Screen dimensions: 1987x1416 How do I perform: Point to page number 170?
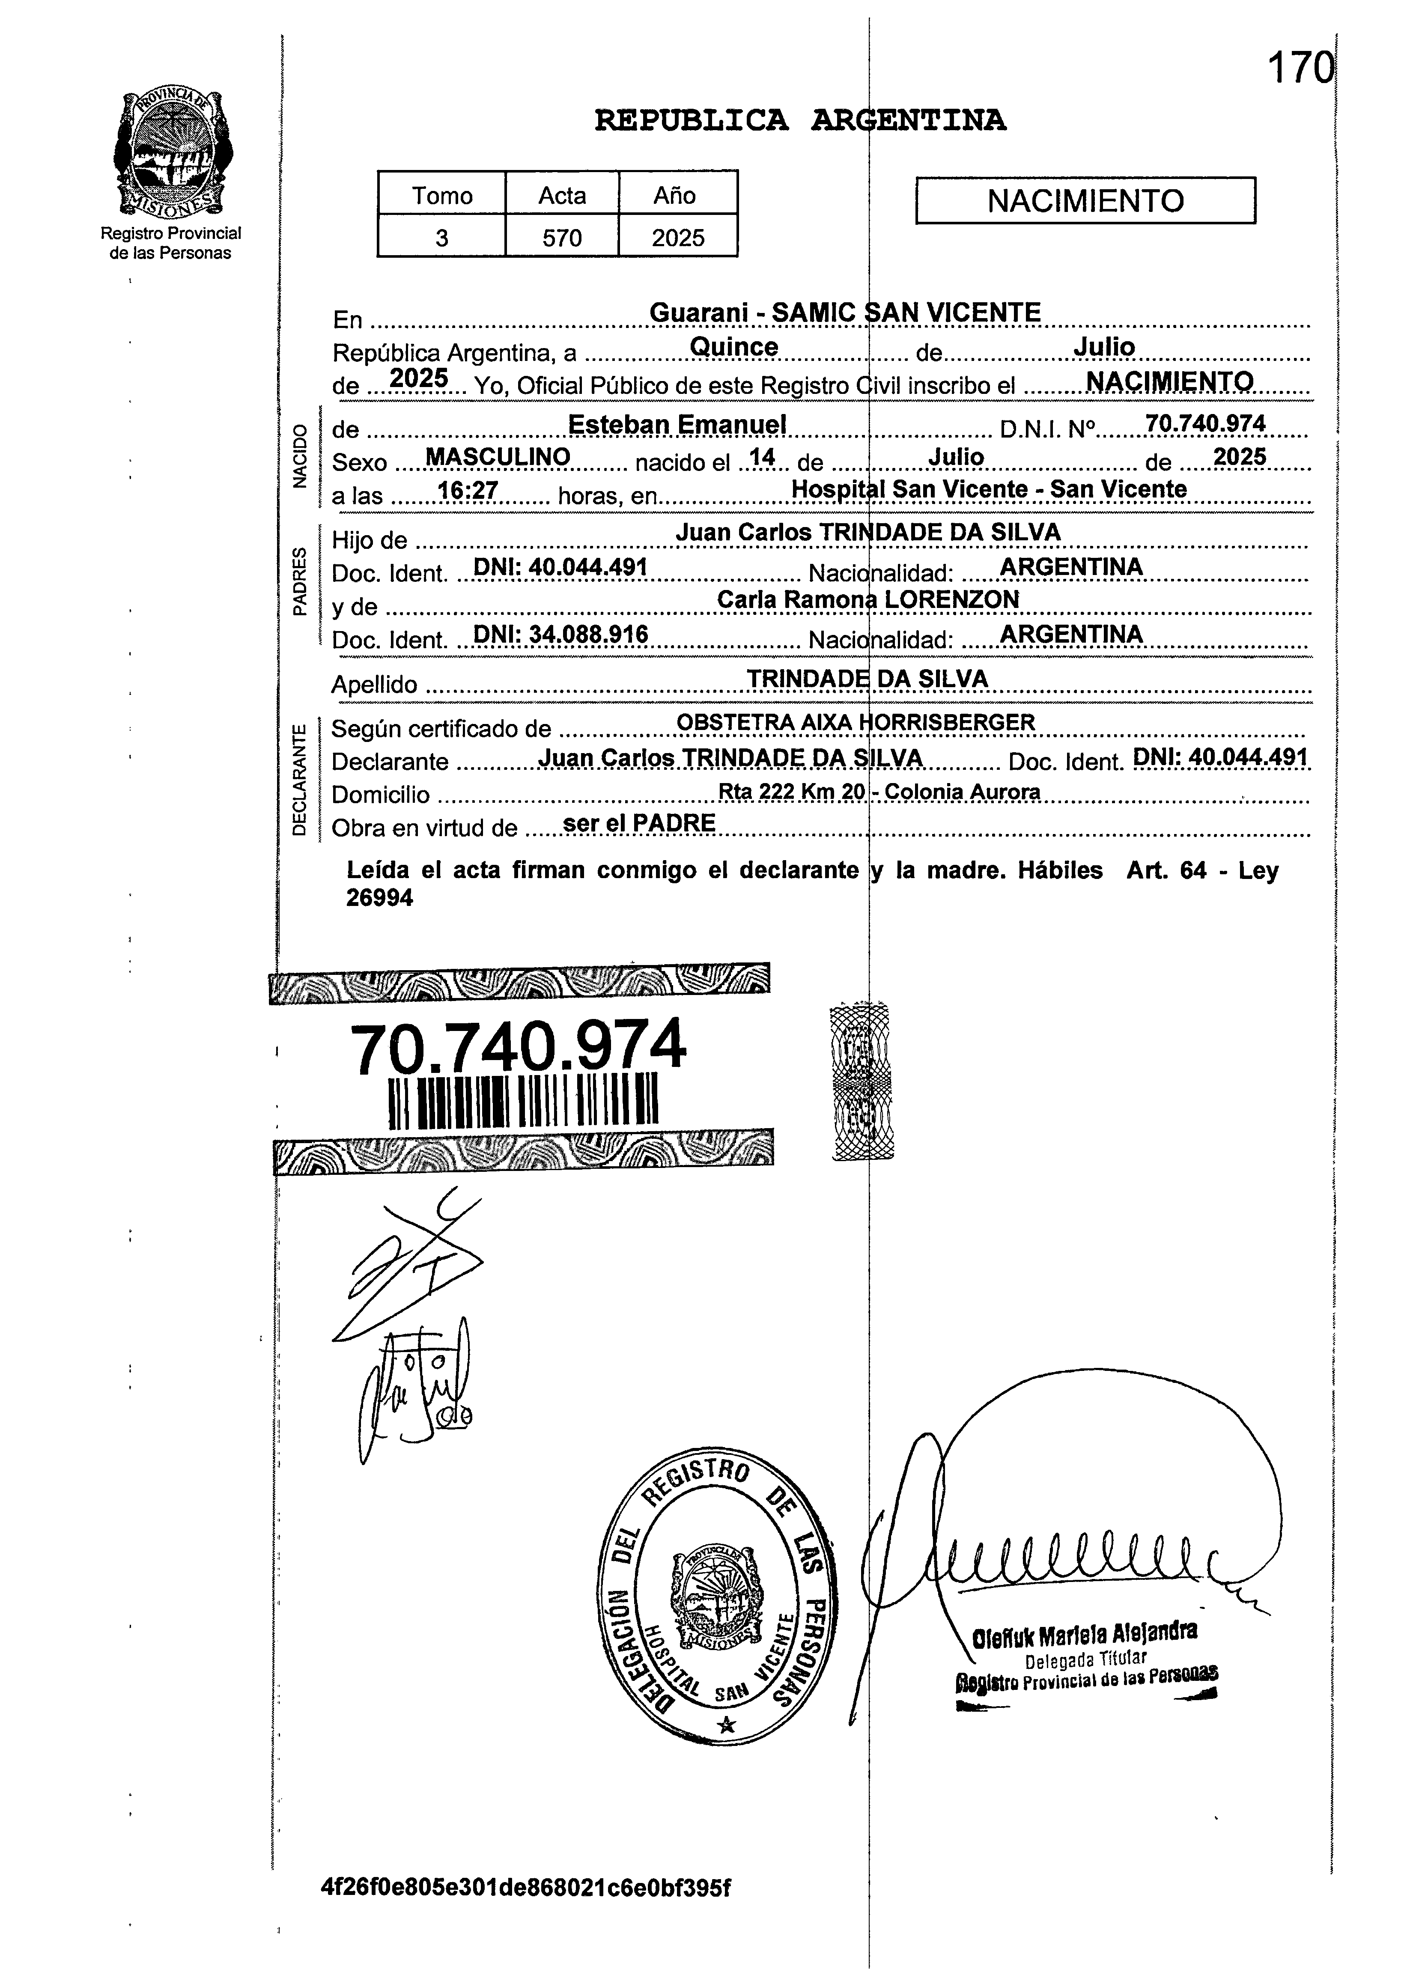1299,68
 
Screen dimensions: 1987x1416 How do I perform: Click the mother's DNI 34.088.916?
560,635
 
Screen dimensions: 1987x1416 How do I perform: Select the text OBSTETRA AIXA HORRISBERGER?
856,722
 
